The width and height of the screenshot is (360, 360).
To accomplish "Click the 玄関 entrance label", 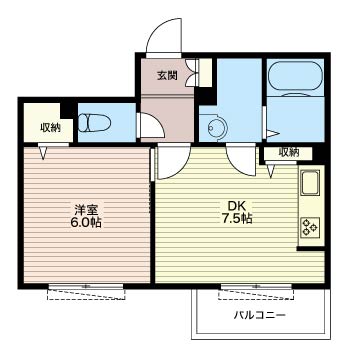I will coord(166,74).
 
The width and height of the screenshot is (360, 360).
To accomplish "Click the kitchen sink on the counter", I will coord(310,184).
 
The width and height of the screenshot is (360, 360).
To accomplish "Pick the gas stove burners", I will coord(310,227).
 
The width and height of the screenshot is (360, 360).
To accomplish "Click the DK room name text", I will coord(233,207).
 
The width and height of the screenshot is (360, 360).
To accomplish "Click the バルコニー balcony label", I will coord(259,315).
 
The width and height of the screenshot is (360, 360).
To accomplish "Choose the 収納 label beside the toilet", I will coord(50,126).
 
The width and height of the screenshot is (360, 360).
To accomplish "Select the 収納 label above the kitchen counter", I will coord(288,152).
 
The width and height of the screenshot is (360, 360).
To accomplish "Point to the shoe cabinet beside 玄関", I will coord(204,76).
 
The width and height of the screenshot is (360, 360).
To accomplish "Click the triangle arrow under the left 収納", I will coord(42,152).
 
